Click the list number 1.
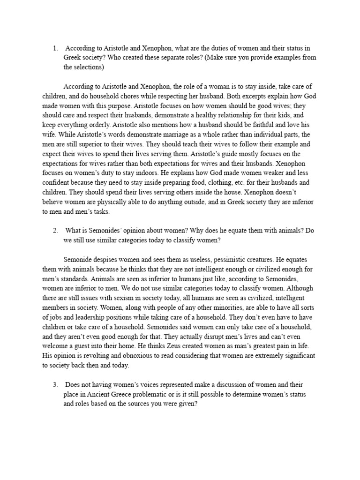pos(55,48)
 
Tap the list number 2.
pos(55,230)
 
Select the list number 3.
pos(55,385)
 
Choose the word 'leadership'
pos(105,317)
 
